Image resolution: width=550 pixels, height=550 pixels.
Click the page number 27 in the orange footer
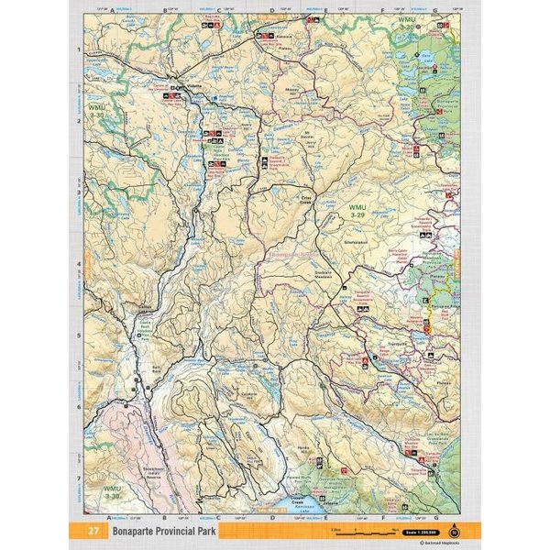point(93,531)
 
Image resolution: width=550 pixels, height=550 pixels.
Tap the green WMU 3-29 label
point(357,213)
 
